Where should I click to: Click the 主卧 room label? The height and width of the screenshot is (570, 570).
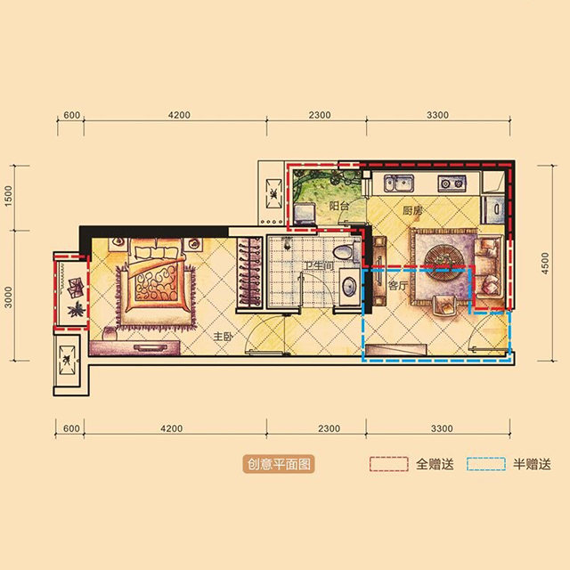click(x=223, y=337)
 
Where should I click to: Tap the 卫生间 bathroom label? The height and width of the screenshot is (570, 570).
click(x=319, y=265)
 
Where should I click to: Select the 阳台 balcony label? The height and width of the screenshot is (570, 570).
click(x=338, y=206)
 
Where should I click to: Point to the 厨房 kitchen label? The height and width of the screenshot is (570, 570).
click(x=412, y=210)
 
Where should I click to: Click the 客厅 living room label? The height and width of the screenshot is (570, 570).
click(x=398, y=285)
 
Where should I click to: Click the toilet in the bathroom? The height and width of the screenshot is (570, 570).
click(x=343, y=252)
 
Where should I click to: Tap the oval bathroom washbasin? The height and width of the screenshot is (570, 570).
click(x=350, y=286)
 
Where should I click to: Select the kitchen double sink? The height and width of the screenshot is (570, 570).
click(x=399, y=183)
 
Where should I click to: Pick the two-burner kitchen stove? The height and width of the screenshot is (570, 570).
click(x=452, y=183)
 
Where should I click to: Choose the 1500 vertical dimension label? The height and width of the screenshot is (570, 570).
click(x=8, y=196)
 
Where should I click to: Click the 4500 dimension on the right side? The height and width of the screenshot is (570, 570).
click(x=544, y=264)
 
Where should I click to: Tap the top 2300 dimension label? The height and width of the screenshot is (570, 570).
click(x=320, y=115)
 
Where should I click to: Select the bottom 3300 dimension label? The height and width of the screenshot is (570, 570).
click(x=442, y=428)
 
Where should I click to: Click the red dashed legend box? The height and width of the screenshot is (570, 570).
click(x=388, y=464)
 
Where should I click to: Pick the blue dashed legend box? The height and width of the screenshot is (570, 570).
click(x=486, y=464)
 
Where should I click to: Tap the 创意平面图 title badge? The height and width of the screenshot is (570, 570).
click(x=279, y=464)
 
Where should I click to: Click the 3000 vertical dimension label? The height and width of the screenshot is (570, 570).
click(x=8, y=297)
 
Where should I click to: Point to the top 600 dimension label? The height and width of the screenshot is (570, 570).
click(x=71, y=115)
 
